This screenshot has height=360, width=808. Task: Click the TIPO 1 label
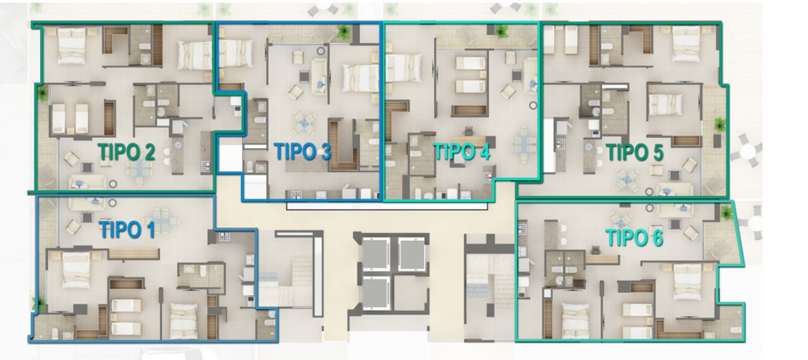coord(127,229)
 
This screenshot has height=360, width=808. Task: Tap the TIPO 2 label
coord(126,151)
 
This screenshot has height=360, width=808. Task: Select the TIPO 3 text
coord(302,151)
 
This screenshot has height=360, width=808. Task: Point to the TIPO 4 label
coord(462,151)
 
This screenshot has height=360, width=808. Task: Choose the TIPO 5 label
coord(635,152)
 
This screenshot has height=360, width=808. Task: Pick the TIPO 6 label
coord(635,238)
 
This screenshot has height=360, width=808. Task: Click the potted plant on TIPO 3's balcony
coord(343,32)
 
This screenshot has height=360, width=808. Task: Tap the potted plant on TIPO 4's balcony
coord(501,31)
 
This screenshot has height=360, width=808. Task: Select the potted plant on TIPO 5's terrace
coord(720,124)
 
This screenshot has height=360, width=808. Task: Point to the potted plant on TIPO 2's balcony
coord(43,94)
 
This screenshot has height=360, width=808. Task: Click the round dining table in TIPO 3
coord(304,123)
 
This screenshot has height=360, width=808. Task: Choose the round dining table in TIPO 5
coord(627,178)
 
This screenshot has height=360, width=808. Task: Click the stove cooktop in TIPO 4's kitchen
coord(488,177)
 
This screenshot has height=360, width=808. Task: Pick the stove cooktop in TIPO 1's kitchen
coord(223,236)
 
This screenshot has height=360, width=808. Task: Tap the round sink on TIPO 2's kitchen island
coord(177,145)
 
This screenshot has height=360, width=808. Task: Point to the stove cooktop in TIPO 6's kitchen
coord(522,229)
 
